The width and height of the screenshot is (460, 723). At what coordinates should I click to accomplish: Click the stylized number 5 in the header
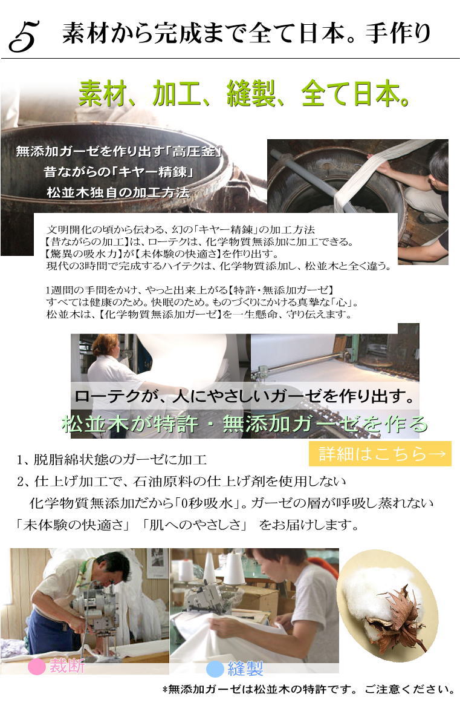pyautogui.click(x=24, y=36)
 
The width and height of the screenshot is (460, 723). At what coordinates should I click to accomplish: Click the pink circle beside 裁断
pyautogui.click(x=37, y=667)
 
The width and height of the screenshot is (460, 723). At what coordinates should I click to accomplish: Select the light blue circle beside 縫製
pyautogui.click(x=215, y=669)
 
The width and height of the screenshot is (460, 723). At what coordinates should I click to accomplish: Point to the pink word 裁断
pyautogui.click(x=66, y=667)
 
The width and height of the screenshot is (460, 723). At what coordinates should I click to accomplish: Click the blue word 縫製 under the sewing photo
pyautogui.click(x=245, y=669)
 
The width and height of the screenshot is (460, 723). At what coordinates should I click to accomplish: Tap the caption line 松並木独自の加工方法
pyautogui.click(x=118, y=193)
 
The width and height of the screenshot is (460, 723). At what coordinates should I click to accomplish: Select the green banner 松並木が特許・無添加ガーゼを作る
pyautogui.click(x=245, y=424)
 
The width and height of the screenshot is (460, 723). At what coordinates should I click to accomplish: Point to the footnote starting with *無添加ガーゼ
pyautogui.click(x=308, y=689)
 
